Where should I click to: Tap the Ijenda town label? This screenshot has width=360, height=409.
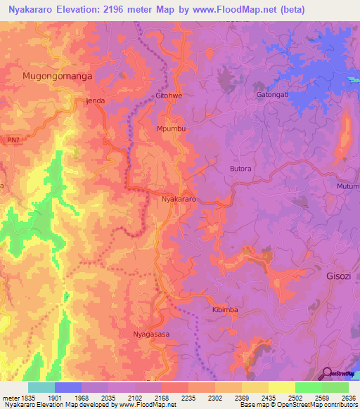click(95, 101)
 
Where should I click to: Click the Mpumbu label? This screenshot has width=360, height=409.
click(171, 129)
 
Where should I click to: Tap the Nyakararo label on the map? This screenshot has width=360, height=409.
click(178, 200)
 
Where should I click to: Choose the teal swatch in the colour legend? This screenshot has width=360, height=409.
click(41, 387)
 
